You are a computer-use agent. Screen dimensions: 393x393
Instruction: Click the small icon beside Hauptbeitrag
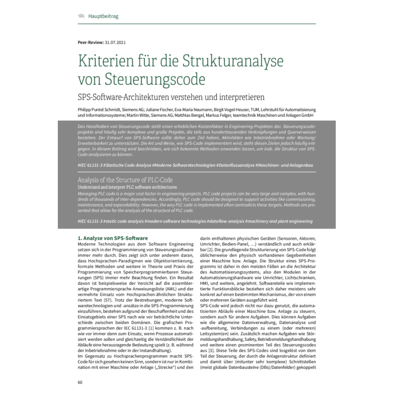pyautogui.click(x=82, y=16)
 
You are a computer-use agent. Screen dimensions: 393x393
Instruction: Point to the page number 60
pyautogui.click(x=80, y=382)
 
